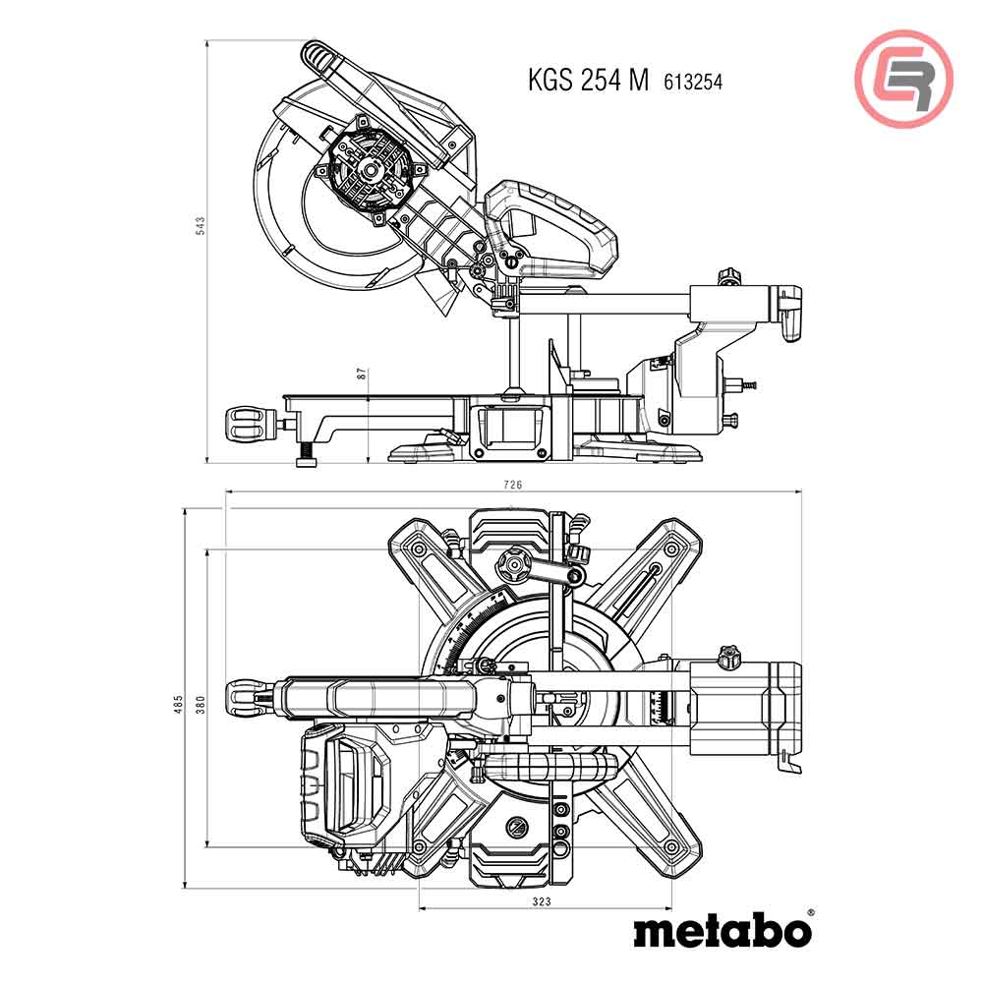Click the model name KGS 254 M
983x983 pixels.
point(588,81)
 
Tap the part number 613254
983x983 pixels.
point(693,83)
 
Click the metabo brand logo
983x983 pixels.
point(722,929)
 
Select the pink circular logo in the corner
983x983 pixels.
point(903,79)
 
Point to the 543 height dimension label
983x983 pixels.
point(201,226)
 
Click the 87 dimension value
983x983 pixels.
point(361,374)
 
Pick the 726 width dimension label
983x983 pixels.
point(512,485)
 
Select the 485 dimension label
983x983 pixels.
point(178,704)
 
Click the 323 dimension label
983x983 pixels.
point(542,900)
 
